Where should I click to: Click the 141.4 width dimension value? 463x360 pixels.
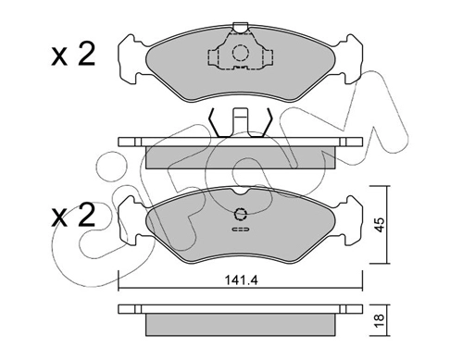[x=241, y=280]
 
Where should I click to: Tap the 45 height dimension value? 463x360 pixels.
[x=380, y=225]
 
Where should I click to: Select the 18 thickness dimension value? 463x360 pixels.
[x=380, y=321]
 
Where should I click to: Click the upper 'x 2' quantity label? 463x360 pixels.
[x=73, y=55]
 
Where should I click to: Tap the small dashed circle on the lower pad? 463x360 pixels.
[x=241, y=214]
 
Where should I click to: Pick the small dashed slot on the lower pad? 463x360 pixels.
[x=241, y=230]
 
